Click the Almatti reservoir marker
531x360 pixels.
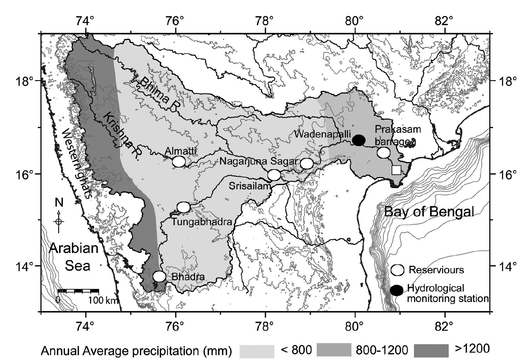click(179, 162)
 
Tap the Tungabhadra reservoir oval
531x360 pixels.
click(183, 207)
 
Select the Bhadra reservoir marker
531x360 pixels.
click(159, 276)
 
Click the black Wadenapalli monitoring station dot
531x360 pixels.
click(359, 140)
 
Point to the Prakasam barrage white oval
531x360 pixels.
click(383, 153)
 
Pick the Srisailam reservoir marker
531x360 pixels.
click(274, 175)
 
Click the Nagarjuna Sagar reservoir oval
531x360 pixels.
click(307, 163)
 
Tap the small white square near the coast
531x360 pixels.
click(396, 170)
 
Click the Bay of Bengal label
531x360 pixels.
click(429, 212)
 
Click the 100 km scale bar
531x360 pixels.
click(79, 291)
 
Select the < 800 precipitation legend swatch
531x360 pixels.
click(257, 350)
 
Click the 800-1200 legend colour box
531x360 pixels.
click(334, 350)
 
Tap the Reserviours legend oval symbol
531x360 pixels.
click(397, 270)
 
